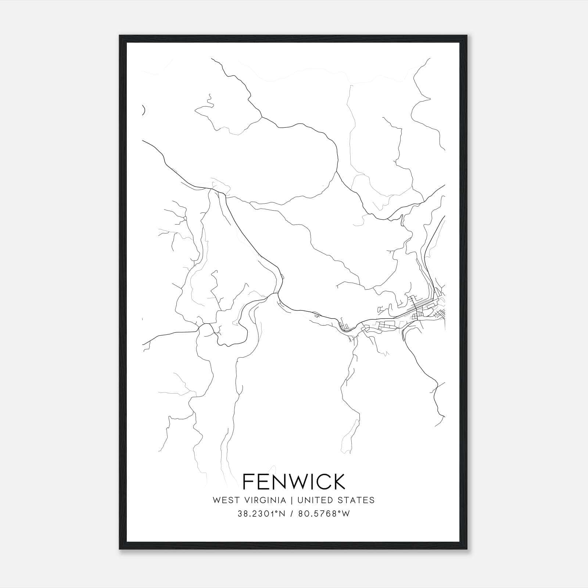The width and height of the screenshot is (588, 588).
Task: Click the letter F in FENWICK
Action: click(x=249, y=481)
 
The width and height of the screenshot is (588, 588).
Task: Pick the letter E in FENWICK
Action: click(x=263, y=481)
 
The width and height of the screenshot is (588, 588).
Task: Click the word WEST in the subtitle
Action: click(x=224, y=500)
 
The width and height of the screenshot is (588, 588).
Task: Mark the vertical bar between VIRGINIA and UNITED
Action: click(x=292, y=500)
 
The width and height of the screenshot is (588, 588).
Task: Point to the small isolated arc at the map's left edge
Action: click(x=144, y=110)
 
